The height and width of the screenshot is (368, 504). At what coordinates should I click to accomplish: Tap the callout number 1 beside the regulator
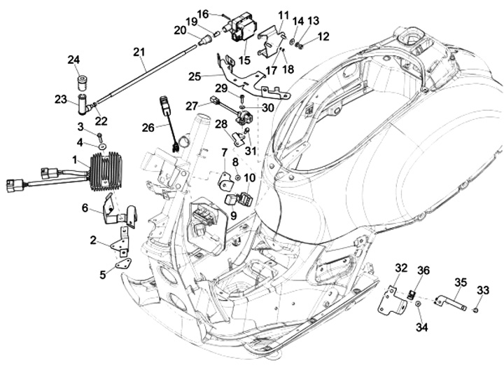point(75,160)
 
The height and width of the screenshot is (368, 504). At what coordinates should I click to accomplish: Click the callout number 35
point(460,282)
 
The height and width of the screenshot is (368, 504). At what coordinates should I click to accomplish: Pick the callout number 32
point(400,268)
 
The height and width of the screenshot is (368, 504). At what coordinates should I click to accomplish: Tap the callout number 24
point(73,60)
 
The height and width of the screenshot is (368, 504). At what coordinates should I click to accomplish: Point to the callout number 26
point(148,127)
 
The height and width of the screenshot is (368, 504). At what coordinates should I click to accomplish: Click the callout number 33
point(484,289)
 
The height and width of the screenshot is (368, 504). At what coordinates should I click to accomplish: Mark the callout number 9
point(234,216)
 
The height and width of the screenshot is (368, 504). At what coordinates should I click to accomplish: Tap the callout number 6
point(85,207)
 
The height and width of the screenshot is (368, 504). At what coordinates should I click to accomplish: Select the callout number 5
point(102,275)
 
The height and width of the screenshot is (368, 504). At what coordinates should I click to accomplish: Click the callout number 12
point(323,36)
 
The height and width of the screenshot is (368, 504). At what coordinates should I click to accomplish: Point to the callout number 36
point(423,271)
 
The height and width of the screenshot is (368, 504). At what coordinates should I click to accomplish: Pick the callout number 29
point(220,88)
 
